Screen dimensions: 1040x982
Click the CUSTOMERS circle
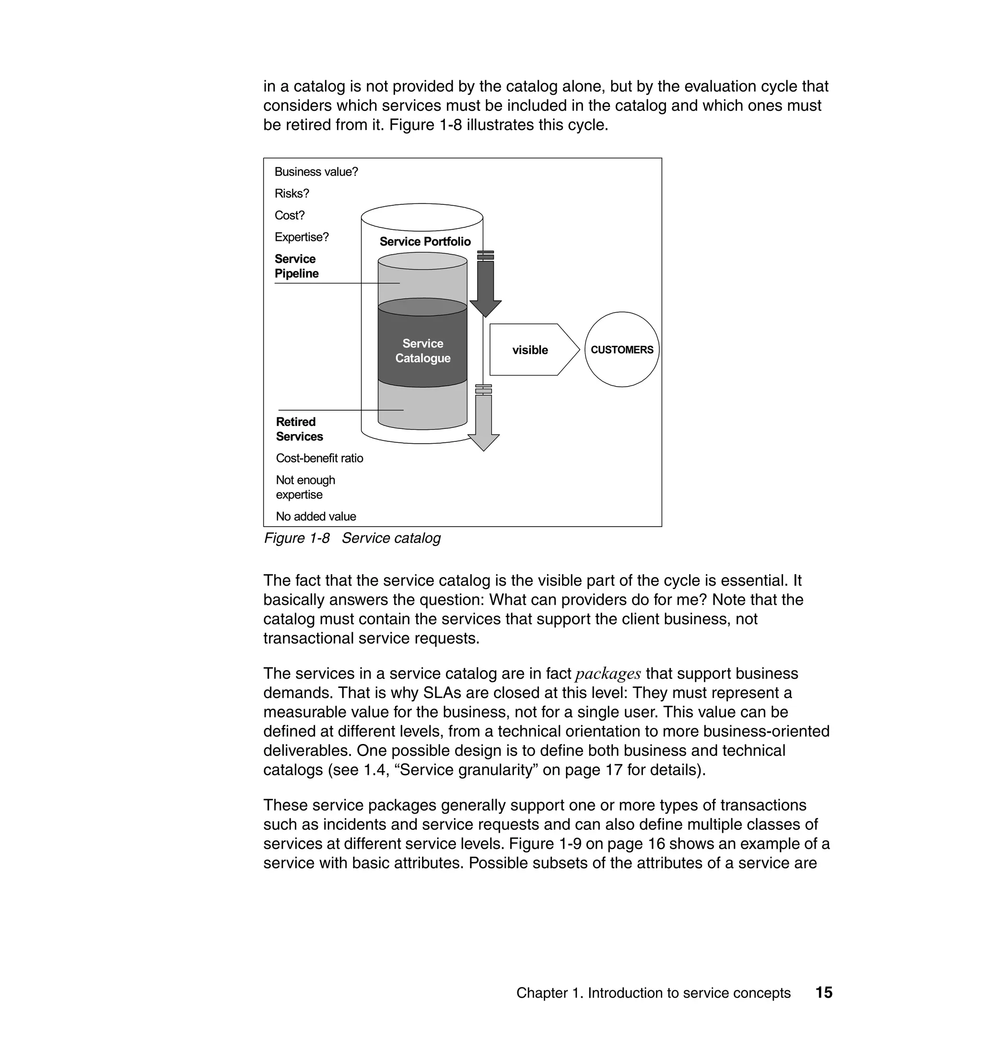click(x=621, y=350)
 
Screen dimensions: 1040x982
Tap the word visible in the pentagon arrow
click(x=530, y=350)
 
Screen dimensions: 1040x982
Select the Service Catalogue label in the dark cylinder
click(x=422, y=351)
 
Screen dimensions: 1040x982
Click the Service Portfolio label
click(x=425, y=241)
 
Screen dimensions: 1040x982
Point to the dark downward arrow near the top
click(x=485, y=288)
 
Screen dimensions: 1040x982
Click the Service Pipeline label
click(x=296, y=266)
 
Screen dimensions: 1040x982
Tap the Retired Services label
click(x=299, y=429)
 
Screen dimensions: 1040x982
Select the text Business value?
click(x=316, y=172)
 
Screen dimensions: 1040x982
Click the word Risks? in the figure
click(x=292, y=194)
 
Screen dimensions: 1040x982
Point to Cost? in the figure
click(x=290, y=215)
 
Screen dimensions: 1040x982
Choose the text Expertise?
click(x=302, y=237)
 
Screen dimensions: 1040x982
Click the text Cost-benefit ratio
click(x=319, y=458)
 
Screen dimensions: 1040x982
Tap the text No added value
click(x=316, y=516)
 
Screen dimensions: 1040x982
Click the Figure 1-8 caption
click(x=352, y=538)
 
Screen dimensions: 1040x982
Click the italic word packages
click(x=608, y=674)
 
